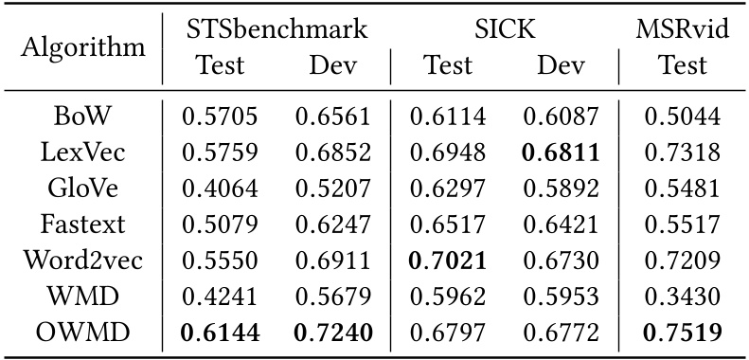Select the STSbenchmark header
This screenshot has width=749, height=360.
tap(276, 29)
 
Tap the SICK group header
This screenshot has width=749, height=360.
tap(505, 29)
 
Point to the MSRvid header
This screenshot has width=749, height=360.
tap(683, 29)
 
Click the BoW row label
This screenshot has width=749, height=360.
tap(82, 117)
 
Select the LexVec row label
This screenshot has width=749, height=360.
tap(82, 153)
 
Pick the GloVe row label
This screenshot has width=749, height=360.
tap(82, 189)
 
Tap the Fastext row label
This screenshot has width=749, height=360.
tap(82, 225)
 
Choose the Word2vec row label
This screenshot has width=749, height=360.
tap(82, 261)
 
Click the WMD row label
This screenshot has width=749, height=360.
tap(82, 297)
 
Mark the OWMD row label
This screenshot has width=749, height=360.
tap(82, 333)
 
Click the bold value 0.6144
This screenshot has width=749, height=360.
tap(220, 333)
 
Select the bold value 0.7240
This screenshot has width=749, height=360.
tap(333, 333)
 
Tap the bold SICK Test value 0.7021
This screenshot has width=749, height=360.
tap(448, 261)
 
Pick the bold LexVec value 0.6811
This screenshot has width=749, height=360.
tap(562, 153)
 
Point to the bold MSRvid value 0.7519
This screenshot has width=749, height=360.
tap(683, 333)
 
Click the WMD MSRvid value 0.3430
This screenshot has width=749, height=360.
tap(683, 297)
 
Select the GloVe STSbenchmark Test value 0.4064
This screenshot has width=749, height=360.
tap(220, 189)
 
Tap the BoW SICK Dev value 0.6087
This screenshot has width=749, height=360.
tap(562, 117)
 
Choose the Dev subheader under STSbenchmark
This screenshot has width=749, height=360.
tap(333, 65)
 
